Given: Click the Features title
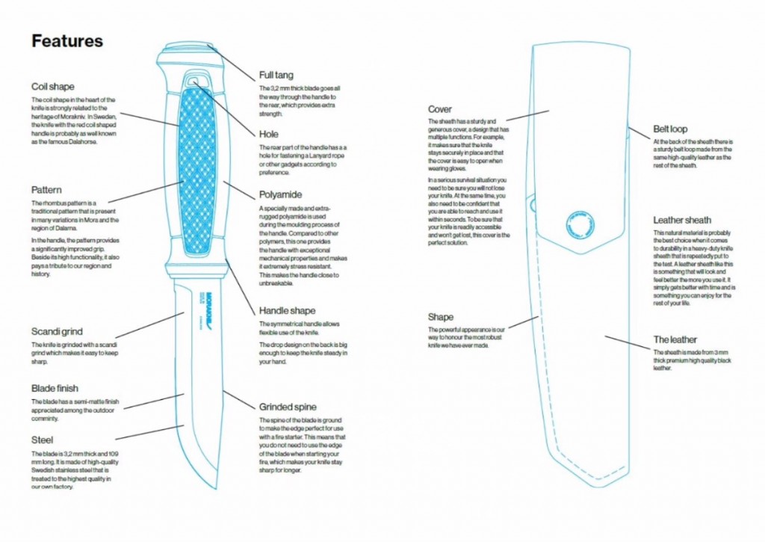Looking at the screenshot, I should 67,41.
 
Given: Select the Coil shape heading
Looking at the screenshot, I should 53,87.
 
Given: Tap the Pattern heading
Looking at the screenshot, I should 47,191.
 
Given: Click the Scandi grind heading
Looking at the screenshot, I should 57,332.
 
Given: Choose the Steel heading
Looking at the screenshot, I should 42,440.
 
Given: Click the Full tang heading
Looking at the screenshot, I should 276,76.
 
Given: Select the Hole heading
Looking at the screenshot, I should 269,135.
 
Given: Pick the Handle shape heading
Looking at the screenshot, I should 288,310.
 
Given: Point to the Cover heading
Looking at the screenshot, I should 440,109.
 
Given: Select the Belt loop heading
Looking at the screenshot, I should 670,129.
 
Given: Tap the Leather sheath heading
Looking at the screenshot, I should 682,221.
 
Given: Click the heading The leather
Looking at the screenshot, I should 676,339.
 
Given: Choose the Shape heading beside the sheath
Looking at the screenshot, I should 441,317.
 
